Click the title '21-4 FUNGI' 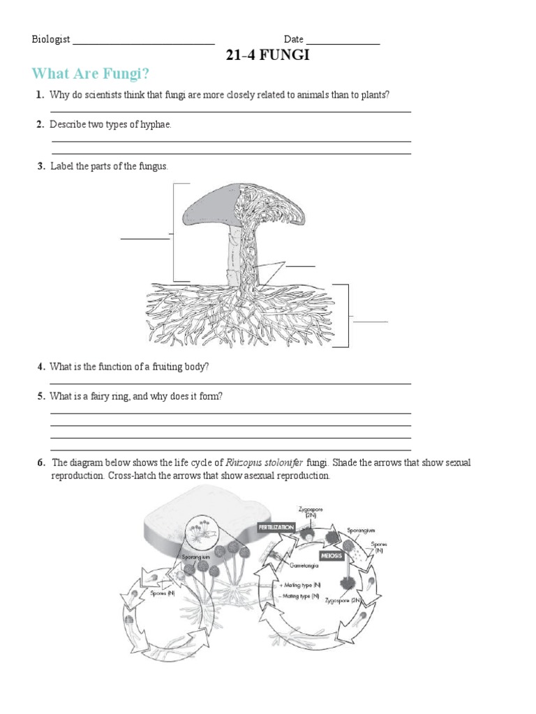(x=268, y=56)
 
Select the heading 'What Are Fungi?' (x=91, y=74)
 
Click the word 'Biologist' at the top (x=51, y=40)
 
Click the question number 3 (x=41, y=167)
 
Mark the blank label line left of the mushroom (x=144, y=238)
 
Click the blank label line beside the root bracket (x=371, y=321)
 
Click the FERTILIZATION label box (x=276, y=527)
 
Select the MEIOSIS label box (x=331, y=556)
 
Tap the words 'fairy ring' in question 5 (x=114, y=396)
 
